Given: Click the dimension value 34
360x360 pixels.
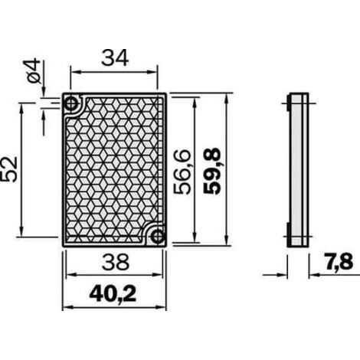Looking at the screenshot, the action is point(115,58).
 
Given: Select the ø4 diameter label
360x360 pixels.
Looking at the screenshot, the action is point(34,70).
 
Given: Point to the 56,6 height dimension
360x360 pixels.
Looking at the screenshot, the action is point(182,172).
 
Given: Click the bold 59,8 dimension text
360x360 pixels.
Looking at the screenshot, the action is point(212,171).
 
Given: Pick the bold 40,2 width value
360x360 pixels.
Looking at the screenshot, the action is point(113,294).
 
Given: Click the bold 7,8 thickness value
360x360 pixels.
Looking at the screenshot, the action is point(339,262).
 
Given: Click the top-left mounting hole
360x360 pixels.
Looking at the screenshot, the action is point(71,103).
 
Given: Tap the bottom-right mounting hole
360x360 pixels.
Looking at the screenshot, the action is point(158,237).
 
